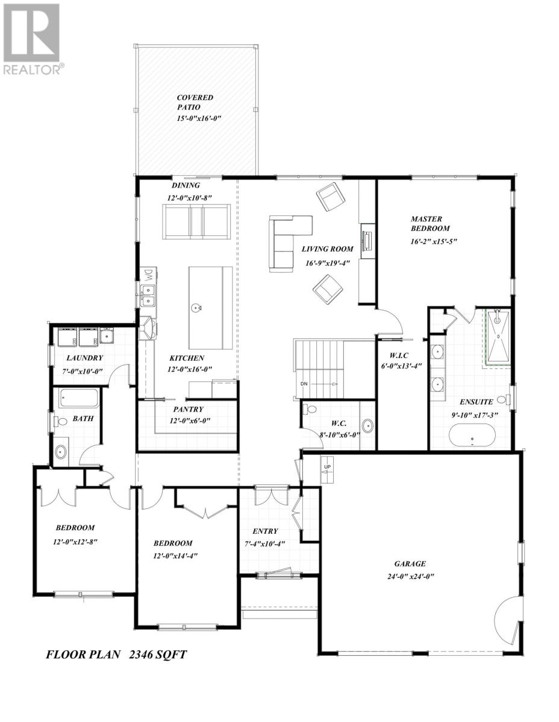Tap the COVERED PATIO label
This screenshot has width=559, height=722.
195,102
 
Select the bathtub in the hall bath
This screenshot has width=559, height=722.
78,398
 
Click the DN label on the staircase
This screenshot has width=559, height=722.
304,384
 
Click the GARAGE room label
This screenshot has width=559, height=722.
410,564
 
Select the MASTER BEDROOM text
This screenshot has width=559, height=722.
430,223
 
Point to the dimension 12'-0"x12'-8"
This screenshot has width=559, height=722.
75,541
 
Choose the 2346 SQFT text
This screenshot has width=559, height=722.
158,655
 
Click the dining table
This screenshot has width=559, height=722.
196,220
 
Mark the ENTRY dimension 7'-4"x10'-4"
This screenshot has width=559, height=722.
266,545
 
